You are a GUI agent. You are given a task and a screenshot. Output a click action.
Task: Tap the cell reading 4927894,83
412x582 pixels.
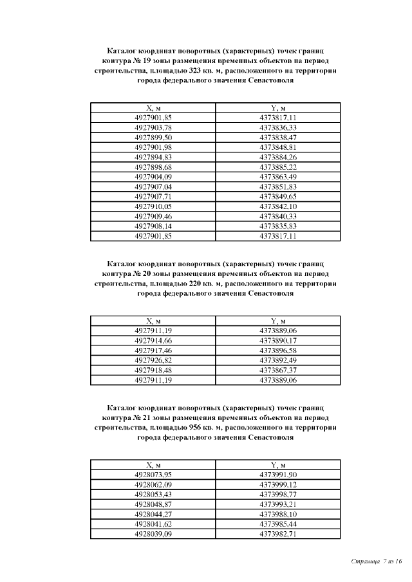153,157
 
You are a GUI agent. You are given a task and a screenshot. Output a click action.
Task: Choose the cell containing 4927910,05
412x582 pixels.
153,206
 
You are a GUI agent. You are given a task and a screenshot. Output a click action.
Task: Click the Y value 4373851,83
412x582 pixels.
278,186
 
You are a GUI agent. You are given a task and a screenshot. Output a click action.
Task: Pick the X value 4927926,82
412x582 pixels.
153,361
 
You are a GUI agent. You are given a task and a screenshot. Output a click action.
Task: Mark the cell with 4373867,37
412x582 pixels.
278,370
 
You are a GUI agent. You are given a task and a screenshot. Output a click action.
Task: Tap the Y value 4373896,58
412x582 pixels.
278,350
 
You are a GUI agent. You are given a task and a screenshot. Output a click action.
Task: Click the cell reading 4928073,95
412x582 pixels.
153,474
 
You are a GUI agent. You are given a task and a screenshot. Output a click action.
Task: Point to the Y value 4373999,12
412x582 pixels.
278,484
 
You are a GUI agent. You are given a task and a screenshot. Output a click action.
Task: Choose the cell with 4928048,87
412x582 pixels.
153,504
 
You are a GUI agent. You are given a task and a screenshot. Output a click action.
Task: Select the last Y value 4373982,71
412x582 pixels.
278,534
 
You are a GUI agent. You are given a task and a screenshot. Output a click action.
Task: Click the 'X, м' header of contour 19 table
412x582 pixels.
153,108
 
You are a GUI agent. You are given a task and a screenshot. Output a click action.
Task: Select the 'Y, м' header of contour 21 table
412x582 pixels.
278,464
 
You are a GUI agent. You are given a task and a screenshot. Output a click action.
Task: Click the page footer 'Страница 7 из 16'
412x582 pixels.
377,561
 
